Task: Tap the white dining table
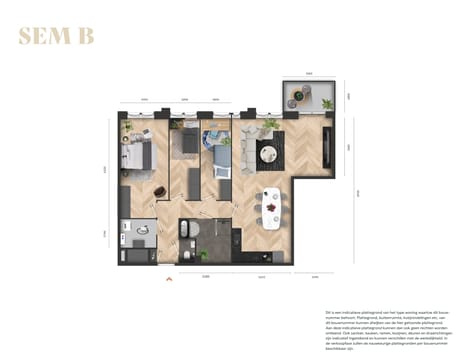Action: (x=270, y=207)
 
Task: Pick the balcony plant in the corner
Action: (x=326, y=103)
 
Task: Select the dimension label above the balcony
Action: (x=310, y=73)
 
